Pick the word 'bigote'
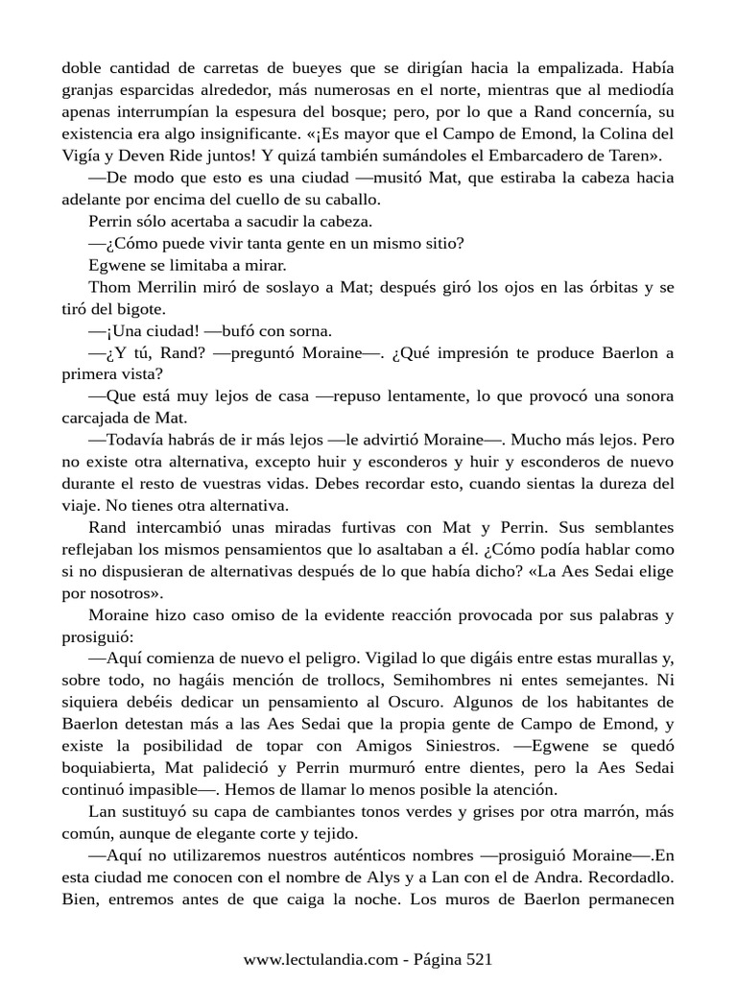click(141, 310)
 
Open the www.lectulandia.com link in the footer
click(319, 959)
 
